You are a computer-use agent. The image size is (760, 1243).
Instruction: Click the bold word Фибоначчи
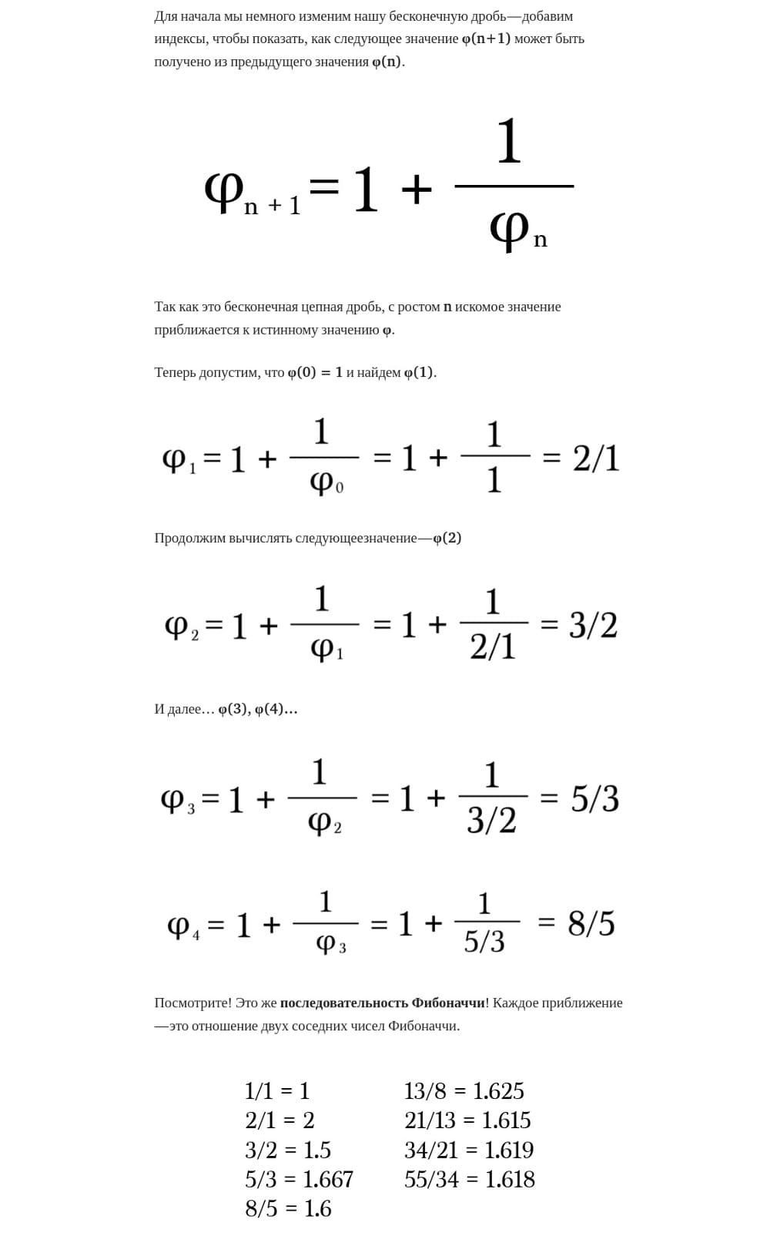(448, 1003)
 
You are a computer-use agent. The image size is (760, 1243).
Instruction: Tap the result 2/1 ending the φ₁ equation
(596, 458)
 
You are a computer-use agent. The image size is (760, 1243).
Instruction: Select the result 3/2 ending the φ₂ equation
(593, 625)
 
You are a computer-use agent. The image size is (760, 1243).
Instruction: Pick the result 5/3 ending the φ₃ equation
(594, 798)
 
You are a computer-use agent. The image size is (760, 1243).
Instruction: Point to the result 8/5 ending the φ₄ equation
(591, 923)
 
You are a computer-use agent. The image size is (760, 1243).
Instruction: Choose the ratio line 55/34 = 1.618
(469, 1179)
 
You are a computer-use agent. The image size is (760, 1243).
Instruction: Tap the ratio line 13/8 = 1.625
(464, 1091)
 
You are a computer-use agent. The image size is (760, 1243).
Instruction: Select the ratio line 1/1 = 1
(277, 1091)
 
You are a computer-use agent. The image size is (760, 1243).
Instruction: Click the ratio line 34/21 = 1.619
(468, 1150)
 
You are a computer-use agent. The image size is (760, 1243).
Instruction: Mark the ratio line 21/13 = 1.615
(467, 1120)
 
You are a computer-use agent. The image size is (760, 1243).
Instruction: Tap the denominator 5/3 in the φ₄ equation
(484, 941)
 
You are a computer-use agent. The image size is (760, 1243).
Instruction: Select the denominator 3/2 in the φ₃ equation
(491, 820)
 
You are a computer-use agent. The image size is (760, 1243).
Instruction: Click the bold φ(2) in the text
(447, 538)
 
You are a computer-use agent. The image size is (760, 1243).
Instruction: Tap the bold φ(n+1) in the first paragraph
(486, 39)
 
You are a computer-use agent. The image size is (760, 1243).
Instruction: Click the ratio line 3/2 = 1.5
(288, 1150)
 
